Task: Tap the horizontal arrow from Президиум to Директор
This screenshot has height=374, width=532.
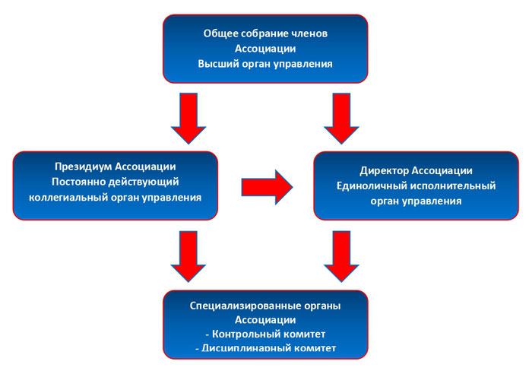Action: click(x=267, y=185)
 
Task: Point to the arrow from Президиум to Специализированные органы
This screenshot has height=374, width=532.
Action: click(x=188, y=257)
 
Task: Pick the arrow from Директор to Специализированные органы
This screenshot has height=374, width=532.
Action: click(x=340, y=257)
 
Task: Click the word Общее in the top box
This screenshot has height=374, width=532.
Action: click(x=220, y=33)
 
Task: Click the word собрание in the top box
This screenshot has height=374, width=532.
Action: click(x=266, y=33)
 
